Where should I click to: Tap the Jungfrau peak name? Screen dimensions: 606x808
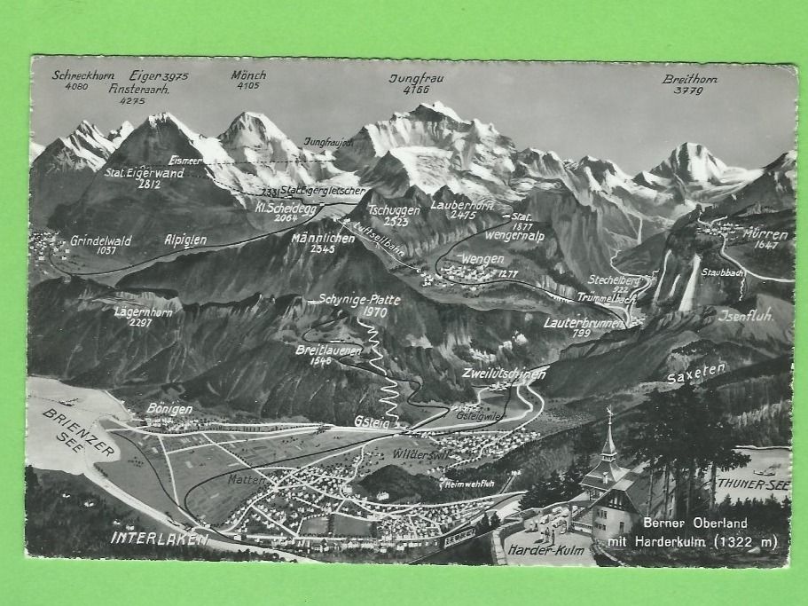(416, 78)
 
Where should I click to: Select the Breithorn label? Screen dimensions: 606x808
(689, 79)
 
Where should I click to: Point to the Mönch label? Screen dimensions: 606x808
(247, 75)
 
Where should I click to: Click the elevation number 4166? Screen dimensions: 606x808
(415, 90)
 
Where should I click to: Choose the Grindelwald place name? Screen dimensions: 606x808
(100, 240)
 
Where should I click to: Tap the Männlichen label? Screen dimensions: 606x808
(323, 237)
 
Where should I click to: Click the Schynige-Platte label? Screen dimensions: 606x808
(359, 300)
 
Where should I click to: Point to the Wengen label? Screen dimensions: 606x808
(482, 259)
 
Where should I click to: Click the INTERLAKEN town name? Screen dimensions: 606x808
(161, 538)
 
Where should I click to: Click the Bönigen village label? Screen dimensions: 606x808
(169, 409)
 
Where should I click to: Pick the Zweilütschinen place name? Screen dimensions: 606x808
(503, 374)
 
